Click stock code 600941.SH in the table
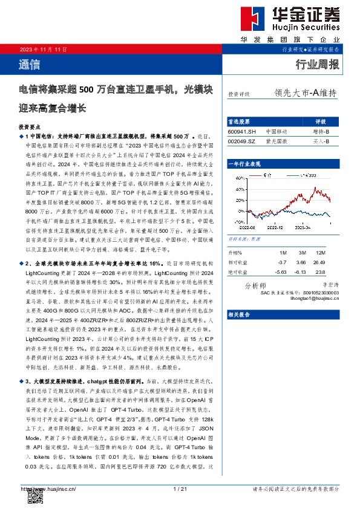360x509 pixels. (242, 131)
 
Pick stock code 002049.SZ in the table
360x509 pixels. (242, 141)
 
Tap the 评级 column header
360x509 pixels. (321, 121)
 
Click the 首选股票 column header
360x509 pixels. (239, 121)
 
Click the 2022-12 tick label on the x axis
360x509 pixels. (275, 228)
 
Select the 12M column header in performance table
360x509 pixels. (321, 252)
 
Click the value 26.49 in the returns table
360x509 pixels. (321, 262)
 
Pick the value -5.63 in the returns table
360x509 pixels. (281, 272)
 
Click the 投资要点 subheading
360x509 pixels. (30, 128)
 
